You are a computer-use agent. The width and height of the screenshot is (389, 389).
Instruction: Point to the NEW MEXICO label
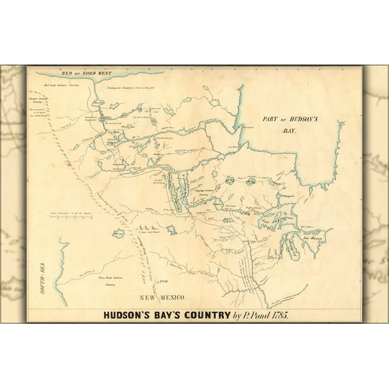[x=163, y=298]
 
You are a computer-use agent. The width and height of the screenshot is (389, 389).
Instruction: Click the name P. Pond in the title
[x=252, y=315]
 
